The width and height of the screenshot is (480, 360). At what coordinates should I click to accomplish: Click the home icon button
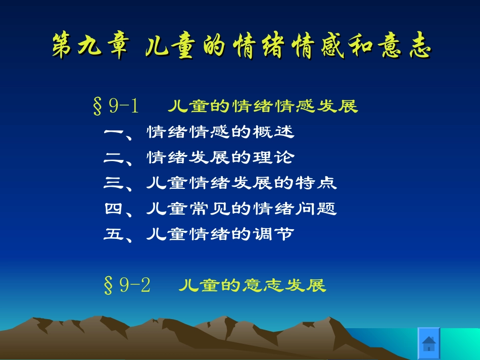[428, 343]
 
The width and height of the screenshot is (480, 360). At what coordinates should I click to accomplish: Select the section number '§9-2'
[127, 286]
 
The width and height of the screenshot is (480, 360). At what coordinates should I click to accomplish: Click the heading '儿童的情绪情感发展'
[262, 107]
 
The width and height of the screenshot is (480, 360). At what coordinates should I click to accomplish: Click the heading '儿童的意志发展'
[252, 286]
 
